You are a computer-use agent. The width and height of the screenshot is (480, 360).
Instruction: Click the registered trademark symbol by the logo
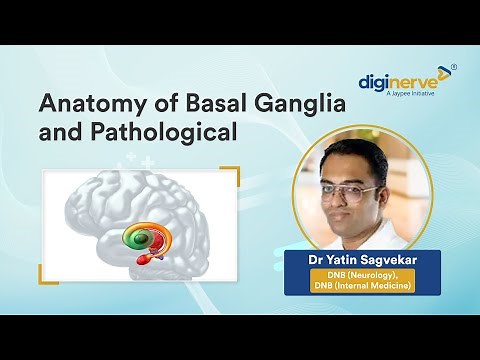click(454, 67)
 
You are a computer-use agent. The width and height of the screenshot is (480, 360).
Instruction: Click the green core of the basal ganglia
click(134, 239)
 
